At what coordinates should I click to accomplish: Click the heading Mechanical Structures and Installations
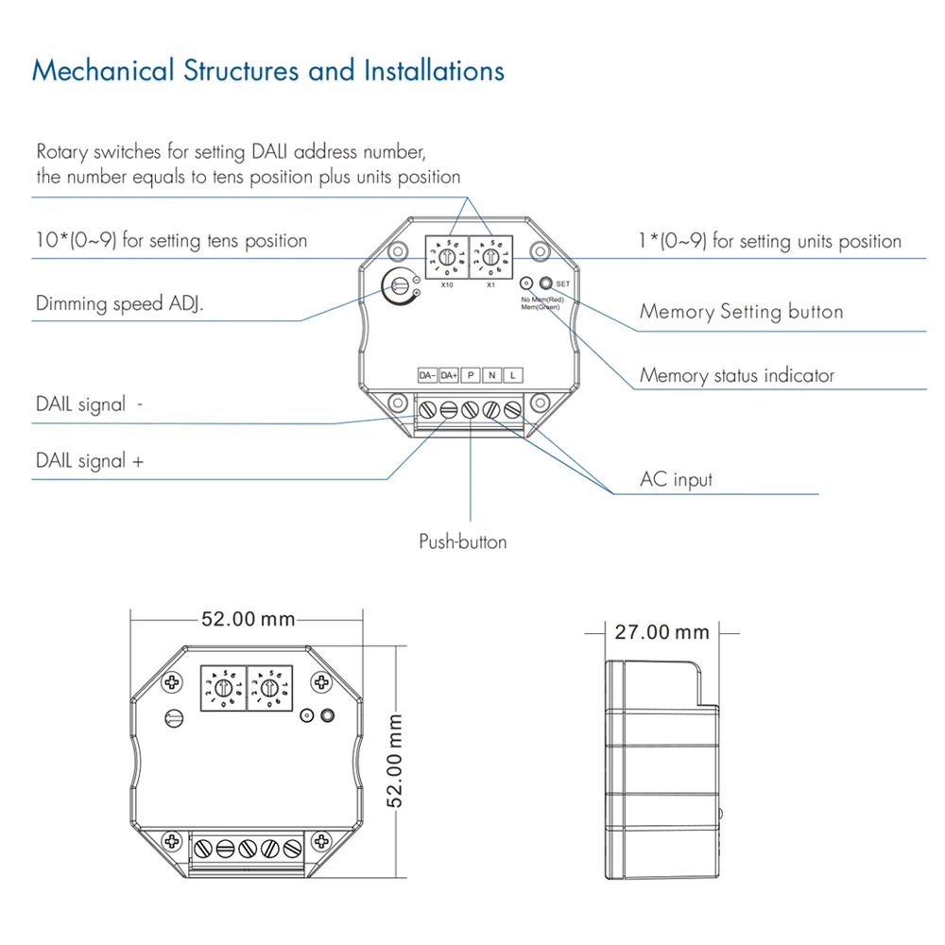[x=268, y=72]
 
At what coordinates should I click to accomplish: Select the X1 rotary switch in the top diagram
[x=490, y=256]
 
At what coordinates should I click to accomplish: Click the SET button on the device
[x=546, y=283]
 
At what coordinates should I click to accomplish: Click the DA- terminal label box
[x=427, y=375]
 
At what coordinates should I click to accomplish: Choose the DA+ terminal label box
[x=449, y=375]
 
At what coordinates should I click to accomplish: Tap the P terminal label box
[x=471, y=375]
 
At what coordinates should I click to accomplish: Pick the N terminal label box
[x=491, y=375]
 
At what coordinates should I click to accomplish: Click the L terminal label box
[x=513, y=375]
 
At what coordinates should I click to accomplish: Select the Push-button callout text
[x=463, y=541]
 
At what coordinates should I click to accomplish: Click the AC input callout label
[x=677, y=479]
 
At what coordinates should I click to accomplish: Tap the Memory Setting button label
[x=742, y=312]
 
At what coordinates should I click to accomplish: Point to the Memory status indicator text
[x=737, y=375]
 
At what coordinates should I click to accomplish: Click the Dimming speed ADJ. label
[x=120, y=304]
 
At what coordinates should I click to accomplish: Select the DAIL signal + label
[x=91, y=461]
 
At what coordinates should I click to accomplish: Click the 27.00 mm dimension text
[x=661, y=631]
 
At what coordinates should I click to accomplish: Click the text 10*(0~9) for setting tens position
[x=171, y=241]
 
